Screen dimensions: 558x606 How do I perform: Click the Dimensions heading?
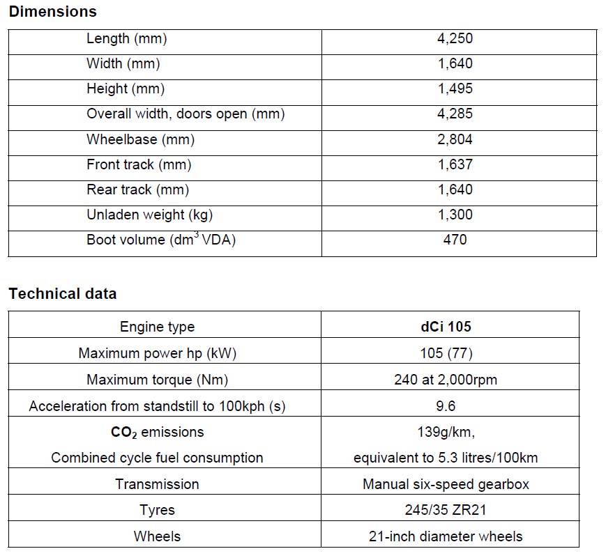(53, 12)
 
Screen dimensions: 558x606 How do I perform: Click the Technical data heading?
(63, 294)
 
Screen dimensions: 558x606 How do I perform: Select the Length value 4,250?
(455, 39)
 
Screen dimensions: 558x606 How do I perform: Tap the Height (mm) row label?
(126, 89)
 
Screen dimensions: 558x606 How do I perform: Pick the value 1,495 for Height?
(455, 89)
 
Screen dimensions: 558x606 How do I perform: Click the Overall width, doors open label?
(185, 114)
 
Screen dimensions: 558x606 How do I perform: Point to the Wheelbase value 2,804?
(455, 139)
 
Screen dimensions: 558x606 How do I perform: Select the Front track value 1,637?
(455, 164)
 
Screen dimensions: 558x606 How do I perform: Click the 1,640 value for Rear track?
(455, 189)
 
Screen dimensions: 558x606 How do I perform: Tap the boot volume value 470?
(455, 240)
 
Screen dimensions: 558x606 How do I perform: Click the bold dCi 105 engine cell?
(445, 327)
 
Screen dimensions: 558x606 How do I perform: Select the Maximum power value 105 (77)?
(446, 353)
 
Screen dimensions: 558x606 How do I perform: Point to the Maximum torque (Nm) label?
(157, 380)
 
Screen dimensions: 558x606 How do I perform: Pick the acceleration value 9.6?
(446, 406)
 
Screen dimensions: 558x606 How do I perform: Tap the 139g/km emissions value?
(446, 433)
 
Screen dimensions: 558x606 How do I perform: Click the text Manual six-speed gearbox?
(446, 484)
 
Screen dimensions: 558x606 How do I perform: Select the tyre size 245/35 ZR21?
(446, 510)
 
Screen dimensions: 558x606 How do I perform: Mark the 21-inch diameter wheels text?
(446, 536)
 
